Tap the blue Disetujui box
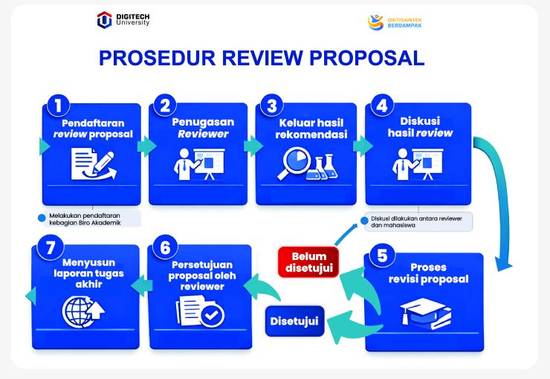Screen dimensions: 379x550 coord(295,321)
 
